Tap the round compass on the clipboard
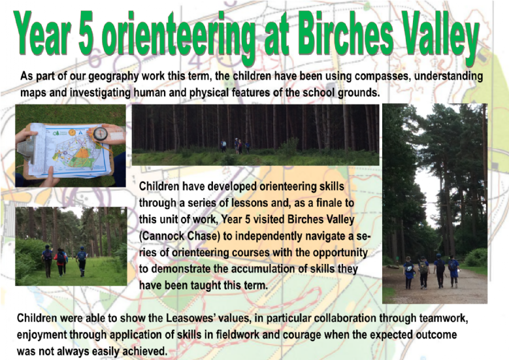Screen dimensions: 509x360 pos(101,133)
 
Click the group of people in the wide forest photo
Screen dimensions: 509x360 pos(236,146)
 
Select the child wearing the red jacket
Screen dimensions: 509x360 pos(60,262)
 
